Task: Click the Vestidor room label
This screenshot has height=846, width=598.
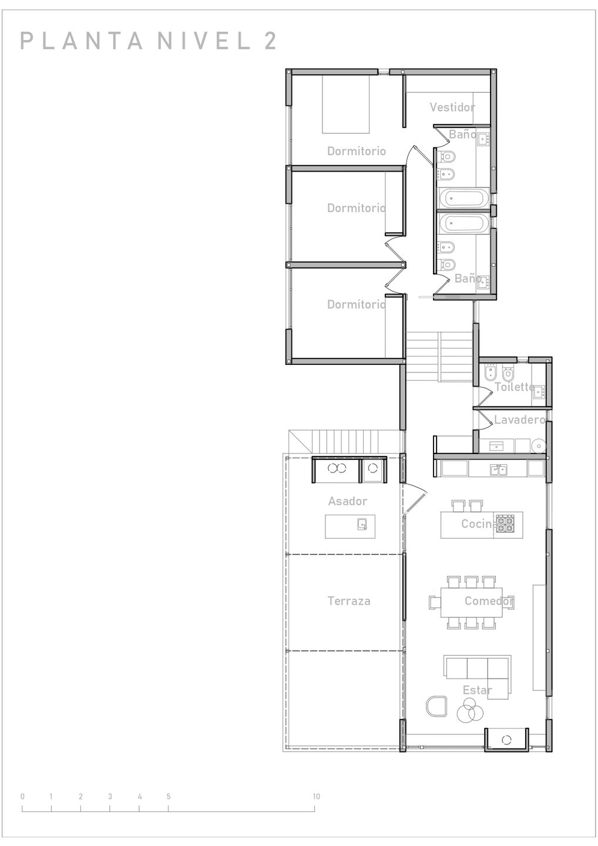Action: tap(452, 107)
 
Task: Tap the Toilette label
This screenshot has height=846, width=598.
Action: tap(515, 387)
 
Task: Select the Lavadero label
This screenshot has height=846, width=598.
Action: tap(520, 419)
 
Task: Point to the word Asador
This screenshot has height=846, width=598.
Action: tap(347, 501)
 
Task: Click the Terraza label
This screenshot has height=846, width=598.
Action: tap(349, 601)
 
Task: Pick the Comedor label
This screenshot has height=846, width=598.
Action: tap(489, 601)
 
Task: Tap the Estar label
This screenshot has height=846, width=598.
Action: tap(477, 690)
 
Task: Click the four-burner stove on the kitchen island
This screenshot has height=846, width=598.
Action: tap(505, 523)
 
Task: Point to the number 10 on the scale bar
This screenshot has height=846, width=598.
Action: tap(317, 797)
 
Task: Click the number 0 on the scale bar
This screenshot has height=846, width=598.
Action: tap(23, 797)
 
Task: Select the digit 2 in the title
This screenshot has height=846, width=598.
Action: tap(270, 41)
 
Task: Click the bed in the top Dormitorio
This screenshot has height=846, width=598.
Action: tap(345, 104)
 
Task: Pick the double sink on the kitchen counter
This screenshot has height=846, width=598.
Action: tap(499, 469)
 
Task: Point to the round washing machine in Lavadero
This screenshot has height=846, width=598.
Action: tap(538, 446)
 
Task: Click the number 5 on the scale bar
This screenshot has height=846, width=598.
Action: tap(169, 797)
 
